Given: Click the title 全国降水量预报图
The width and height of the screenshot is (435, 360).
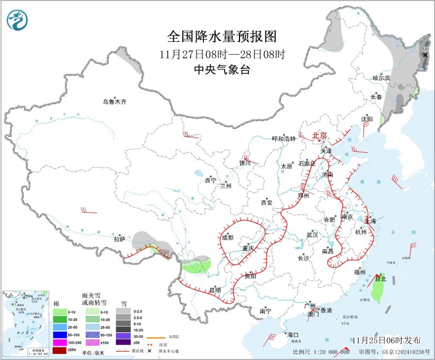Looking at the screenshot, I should (222, 37).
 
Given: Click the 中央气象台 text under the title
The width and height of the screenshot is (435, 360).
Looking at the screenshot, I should (222, 69).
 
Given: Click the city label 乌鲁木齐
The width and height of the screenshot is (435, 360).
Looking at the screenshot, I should (115, 102).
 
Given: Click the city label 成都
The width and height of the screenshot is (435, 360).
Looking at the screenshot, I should (228, 238).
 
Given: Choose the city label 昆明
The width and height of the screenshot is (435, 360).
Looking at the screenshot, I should (214, 290).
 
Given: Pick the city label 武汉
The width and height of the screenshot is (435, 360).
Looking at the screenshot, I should (312, 234).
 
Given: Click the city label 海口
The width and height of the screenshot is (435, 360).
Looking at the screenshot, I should (293, 335).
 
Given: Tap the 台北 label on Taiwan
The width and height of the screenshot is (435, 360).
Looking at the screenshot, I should (380, 278).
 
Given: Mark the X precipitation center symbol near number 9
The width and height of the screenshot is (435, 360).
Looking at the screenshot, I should (425, 55).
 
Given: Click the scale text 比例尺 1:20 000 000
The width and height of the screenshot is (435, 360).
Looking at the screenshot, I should (321, 352).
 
